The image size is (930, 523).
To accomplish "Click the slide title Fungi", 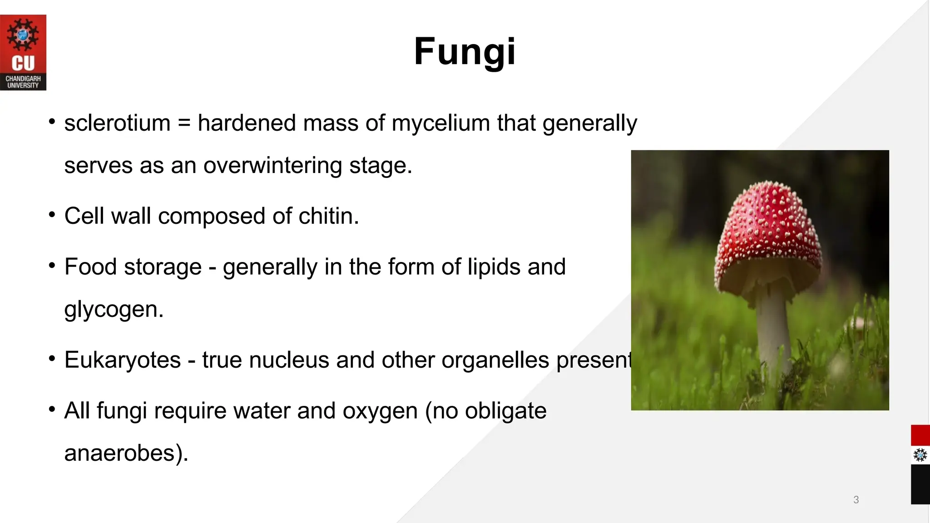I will (x=465, y=51).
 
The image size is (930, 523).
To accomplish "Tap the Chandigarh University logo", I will (x=23, y=52).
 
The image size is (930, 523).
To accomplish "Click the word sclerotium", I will (x=117, y=123).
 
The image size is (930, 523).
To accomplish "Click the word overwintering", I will (x=272, y=165).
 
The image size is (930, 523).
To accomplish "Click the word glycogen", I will (x=114, y=310).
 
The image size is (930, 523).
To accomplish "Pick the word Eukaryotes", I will (x=123, y=360).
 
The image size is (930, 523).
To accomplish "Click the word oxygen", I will (x=380, y=411).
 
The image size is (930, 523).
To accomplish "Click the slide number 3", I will (x=856, y=499).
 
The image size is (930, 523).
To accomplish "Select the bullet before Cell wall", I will (x=52, y=214).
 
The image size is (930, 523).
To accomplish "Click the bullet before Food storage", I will (x=52, y=265).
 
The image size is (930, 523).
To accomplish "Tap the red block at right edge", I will (x=920, y=435).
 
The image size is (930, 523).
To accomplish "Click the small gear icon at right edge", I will (x=920, y=455).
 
